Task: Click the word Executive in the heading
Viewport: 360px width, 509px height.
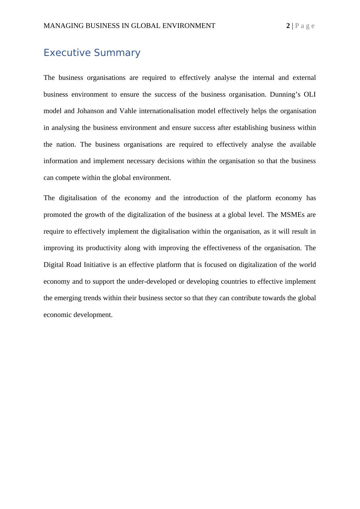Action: (67, 53)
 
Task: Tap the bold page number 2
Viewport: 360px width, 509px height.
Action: (288, 26)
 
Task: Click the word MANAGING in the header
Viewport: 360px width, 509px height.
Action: (63, 26)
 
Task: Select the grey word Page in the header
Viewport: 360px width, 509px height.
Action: (305, 26)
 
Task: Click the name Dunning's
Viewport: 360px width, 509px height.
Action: (285, 94)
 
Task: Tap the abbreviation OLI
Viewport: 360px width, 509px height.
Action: (310, 94)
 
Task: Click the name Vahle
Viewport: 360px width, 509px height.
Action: (128, 111)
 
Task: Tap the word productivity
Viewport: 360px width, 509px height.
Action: (104, 248)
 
